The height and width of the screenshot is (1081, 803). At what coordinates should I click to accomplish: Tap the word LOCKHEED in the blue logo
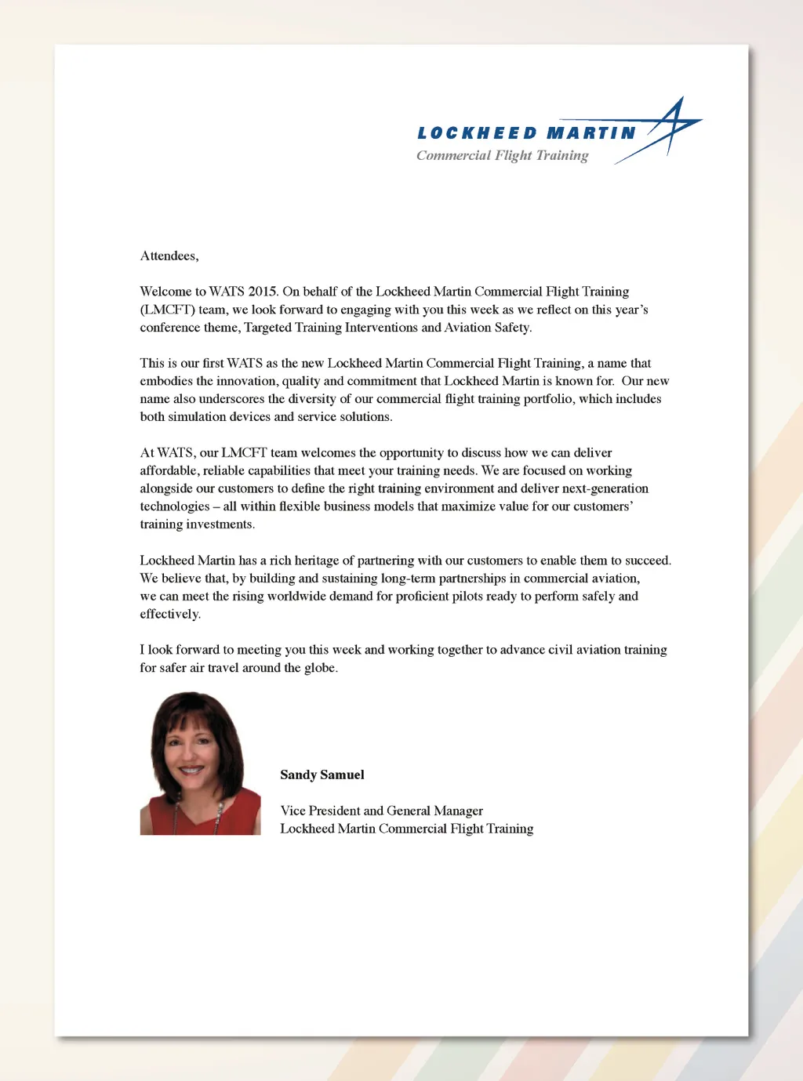[477, 133]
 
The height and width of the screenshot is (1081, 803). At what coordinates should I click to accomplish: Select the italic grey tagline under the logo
[502, 155]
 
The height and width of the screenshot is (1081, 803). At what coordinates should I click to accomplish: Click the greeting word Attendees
[169, 256]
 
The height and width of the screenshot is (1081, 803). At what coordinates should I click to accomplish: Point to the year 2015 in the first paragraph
[263, 292]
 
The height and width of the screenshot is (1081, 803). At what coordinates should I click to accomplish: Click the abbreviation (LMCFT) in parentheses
[167, 310]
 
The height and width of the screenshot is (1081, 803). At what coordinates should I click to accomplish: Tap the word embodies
[166, 381]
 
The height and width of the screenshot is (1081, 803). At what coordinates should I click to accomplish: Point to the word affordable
[168, 471]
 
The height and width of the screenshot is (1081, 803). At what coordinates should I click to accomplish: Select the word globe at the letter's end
[320, 668]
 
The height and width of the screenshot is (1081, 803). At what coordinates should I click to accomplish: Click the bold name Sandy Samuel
[322, 774]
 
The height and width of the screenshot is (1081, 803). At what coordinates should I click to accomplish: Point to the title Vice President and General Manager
[381, 811]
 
